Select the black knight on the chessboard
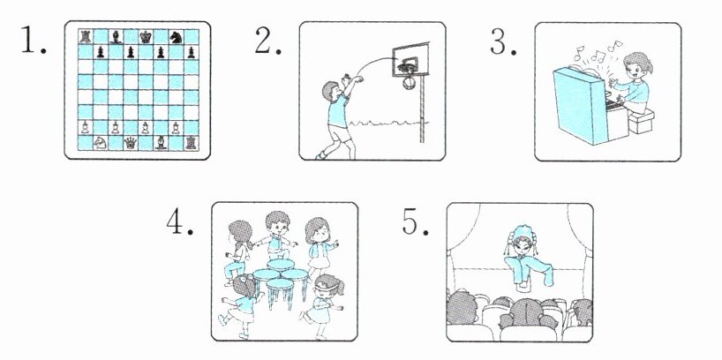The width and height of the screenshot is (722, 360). tap(176, 37)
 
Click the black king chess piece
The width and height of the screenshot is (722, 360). tap(146, 37)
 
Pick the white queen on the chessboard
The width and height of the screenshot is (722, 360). tap(131, 143)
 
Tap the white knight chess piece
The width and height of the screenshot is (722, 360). tap(100, 143)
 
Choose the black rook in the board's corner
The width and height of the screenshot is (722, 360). tap(86, 36)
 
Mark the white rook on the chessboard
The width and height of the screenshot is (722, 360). tap(191, 143)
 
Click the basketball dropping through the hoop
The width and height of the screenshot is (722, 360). tap(409, 83)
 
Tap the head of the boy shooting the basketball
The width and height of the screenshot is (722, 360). tap(330, 91)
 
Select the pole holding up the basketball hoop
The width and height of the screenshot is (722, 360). tap(422, 109)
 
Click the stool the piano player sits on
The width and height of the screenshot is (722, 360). tap(641, 122)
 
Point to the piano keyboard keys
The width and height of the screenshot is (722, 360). tap(613, 105)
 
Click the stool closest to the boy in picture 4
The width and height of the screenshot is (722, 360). tap(281, 266)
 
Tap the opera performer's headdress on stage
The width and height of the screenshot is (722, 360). tap(522, 236)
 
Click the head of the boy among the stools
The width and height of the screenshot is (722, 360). tap(277, 223)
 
